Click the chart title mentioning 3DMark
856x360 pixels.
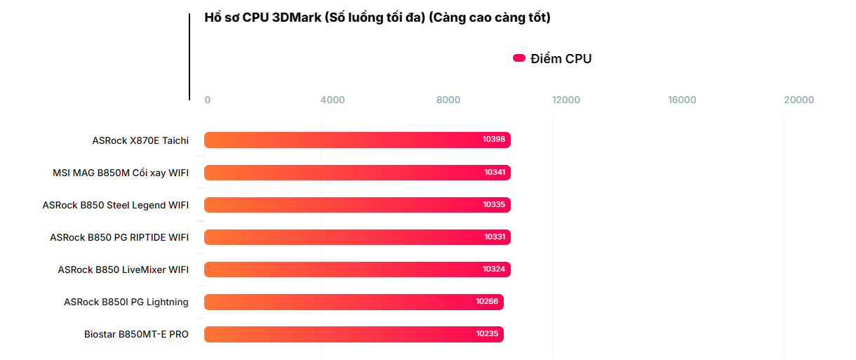click(377, 18)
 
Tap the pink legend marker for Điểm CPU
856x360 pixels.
click(519, 58)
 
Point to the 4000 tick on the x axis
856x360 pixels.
click(333, 100)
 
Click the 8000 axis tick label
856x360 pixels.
click(448, 100)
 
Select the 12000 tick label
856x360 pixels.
click(566, 100)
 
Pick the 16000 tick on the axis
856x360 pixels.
click(682, 100)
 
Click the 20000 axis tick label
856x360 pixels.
click(798, 100)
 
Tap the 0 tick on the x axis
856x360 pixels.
click(207, 100)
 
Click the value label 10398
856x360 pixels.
click(493, 140)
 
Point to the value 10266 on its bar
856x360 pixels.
click(486, 302)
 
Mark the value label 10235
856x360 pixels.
click(486, 334)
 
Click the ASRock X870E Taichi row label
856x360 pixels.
click(140, 140)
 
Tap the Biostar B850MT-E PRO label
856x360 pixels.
click(136, 334)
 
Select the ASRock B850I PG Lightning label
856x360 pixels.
click(126, 302)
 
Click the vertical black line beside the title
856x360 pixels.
click(189, 56)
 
